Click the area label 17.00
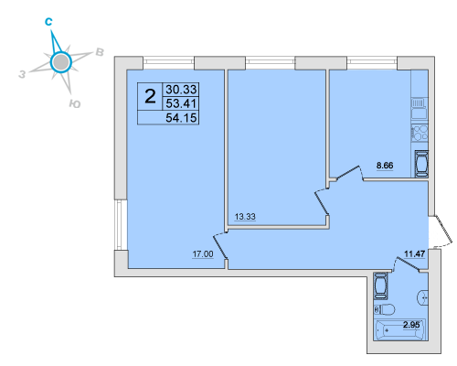pyautogui.click(x=203, y=253)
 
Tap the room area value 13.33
pyautogui.click(x=245, y=217)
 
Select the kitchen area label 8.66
pyautogui.click(x=385, y=166)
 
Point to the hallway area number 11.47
pyautogui.click(x=414, y=253)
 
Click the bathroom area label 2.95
pyautogui.click(x=411, y=325)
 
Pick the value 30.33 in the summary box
pyautogui.click(x=181, y=90)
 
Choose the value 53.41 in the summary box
pyautogui.click(x=181, y=103)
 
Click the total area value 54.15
pyautogui.click(x=181, y=118)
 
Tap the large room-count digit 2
pyautogui.click(x=150, y=96)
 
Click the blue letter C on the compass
pyautogui.click(x=48, y=22)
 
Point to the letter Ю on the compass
pyautogui.click(x=75, y=104)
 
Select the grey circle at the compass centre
pyautogui.click(x=61, y=62)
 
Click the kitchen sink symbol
pyautogui.click(x=420, y=108)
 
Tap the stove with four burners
pyautogui.click(x=420, y=134)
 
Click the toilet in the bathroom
pyautogui.click(x=385, y=310)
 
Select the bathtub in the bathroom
pyautogui.click(x=400, y=330)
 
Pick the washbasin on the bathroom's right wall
pyautogui.click(x=423, y=297)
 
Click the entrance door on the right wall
pyautogui.click(x=444, y=230)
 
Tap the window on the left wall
pyautogui.click(x=121, y=225)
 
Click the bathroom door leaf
pyautogui.click(x=409, y=264)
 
